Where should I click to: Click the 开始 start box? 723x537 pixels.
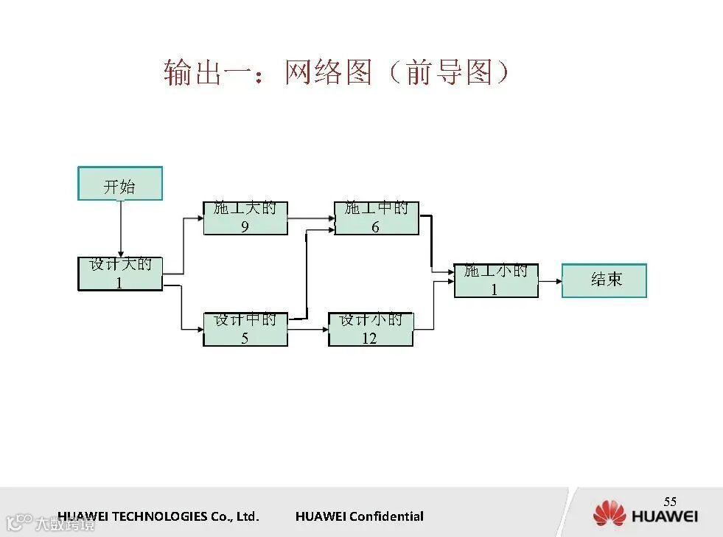tap(120, 184)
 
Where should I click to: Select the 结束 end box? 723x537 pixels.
tap(604, 280)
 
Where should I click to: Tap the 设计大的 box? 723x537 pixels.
tap(120, 274)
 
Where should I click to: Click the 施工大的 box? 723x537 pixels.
tap(245, 218)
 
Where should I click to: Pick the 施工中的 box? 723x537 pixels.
tap(377, 218)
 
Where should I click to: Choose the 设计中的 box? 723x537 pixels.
tap(245, 329)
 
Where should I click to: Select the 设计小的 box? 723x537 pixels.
tap(371, 329)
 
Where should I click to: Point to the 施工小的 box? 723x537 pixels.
tap(496, 280)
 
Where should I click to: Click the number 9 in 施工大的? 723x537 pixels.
tap(245, 227)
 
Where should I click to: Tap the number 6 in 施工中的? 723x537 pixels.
tap(375, 227)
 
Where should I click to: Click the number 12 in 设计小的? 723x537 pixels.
tap(369, 339)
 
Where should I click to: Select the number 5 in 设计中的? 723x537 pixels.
tap(245, 339)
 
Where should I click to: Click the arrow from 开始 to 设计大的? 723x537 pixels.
tap(120, 229)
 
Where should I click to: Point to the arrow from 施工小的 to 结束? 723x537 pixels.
tap(550, 280)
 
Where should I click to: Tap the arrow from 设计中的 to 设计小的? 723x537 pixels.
tap(308, 329)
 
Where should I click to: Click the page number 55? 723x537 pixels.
tap(670, 502)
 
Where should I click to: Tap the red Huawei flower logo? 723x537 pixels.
tap(609, 514)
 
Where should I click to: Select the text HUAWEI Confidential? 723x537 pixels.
tap(360, 516)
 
